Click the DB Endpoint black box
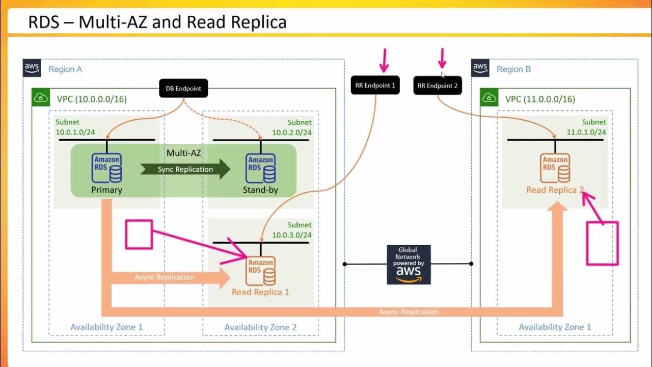[x=183, y=88]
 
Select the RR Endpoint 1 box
[x=375, y=85]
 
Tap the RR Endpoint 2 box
[x=438, y=86]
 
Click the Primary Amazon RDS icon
[x=107, y=168]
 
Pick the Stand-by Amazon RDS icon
[x=261, y=168]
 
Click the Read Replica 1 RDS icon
[x=261, y=271]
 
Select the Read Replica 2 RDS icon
[x=555, y=169]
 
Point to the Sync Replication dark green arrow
[x=185, y=169]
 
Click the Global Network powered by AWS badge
[x=409, y=265]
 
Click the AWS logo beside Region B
[x=480, y=68]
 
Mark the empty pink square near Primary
[x=139, y=234]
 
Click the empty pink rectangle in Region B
[x=602, y=244]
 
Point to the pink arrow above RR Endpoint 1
[x=384, y=61]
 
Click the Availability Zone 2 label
[x=260, y=327]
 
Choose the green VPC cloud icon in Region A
[x=40, y=97]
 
